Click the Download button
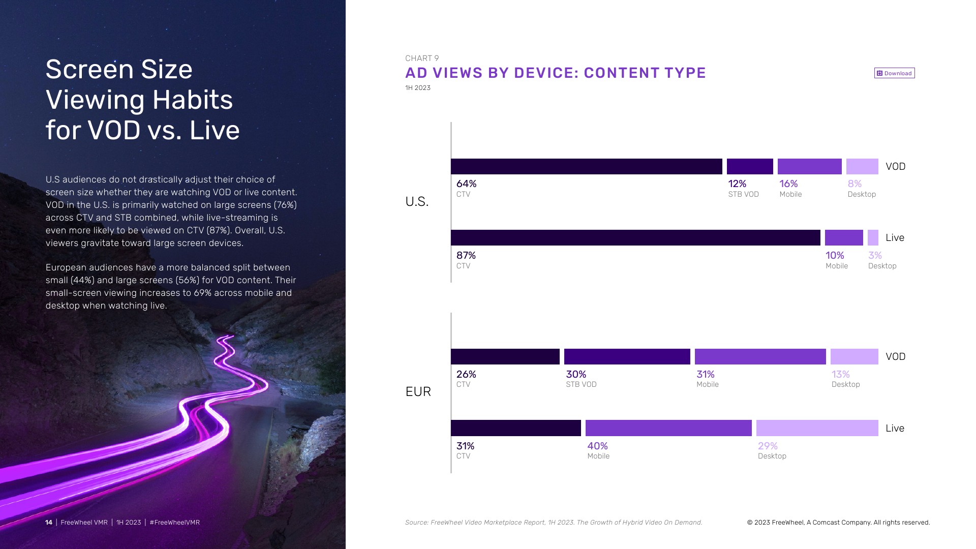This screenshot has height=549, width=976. (x=894, y=73)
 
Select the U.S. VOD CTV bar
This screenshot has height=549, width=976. (x=586, y=166)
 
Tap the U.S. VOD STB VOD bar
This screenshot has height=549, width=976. (x=750, y=166)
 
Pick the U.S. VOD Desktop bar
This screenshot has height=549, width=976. (x=862, y=166)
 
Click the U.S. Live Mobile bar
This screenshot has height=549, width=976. (x=844, y=237)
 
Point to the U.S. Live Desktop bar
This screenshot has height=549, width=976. (x=873, y=237)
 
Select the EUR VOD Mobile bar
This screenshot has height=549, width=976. (x=760, y=356)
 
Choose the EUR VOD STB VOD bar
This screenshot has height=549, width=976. (x=627, y=356)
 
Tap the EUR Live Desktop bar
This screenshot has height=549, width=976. (x=817, y=428)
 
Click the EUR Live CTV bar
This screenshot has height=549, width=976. (x=515, y=428)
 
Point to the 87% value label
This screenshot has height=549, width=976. (x=466, y=255)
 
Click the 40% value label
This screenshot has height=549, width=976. (x=597, y=446)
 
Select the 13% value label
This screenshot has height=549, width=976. (x=840, y=374)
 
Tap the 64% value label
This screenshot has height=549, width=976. (x=466, y=184)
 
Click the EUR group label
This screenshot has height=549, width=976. (x=418, y=391)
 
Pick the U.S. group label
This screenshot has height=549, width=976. (x=417, y=202)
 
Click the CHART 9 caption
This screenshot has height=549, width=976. (x=421, y=58)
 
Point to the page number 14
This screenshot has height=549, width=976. (x=49, y=523)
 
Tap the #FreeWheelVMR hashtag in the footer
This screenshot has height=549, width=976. (x=174, y=523)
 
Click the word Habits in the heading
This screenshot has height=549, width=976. (x=193, y=100)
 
